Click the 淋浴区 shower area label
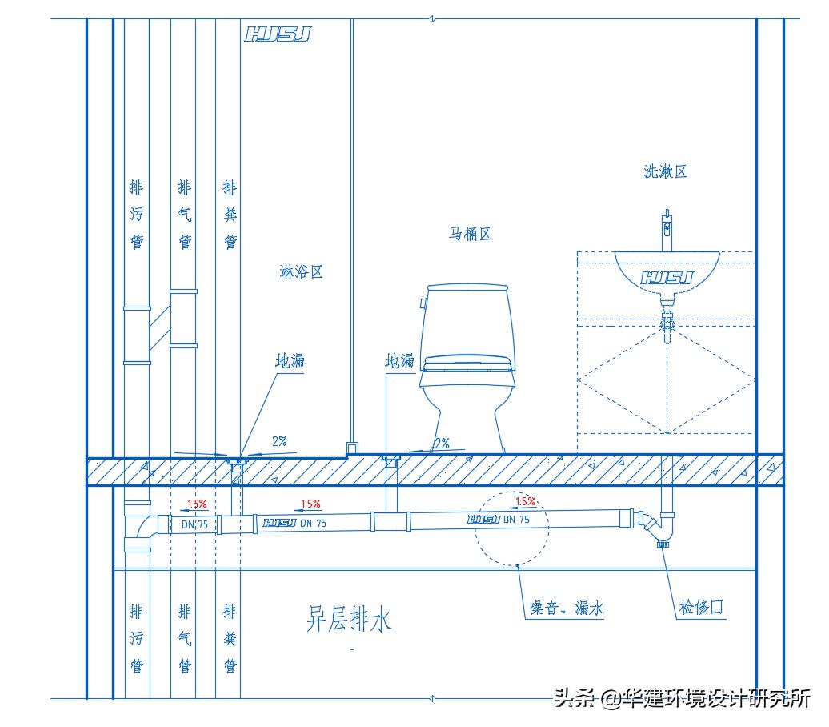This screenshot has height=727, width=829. click(301, 272)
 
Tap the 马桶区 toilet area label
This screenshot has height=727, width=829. click(469, 234)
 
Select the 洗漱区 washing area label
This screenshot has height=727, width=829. click(665, 171)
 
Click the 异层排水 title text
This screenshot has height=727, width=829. click(349, 619)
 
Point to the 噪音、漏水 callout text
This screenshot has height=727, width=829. click(567, 609)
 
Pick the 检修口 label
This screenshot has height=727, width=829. click(701, 608)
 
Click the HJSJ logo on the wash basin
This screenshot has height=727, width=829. click(667, 278)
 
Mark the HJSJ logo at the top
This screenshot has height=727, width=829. click(277, 34)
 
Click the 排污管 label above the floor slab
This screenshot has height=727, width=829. click(137, 214)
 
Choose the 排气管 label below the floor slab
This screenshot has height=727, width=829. click(184, 639)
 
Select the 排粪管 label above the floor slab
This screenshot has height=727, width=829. click(230, 214)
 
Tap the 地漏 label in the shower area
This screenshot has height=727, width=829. click(290, 361)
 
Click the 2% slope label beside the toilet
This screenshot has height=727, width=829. click(441, 443)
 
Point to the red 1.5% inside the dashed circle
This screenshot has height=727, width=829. click(524, 502)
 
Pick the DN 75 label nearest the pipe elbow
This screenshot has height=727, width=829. click(194, 524)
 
